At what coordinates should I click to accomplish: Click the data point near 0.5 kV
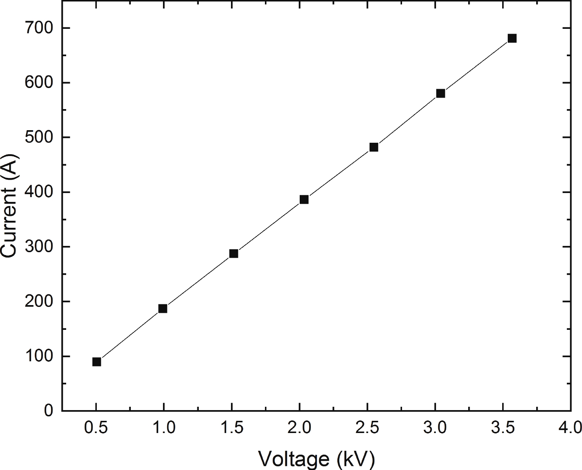[97, 362]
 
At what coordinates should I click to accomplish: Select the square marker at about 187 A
[163, 308]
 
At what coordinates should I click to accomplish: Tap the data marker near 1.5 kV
[234, 254]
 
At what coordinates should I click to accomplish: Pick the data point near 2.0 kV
[304, 200]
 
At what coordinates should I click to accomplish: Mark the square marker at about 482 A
[374, 147]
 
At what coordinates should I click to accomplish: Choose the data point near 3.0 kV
[440, 93]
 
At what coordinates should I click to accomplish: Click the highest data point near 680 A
[512, 38]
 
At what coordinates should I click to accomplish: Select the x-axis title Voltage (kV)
[316, 459]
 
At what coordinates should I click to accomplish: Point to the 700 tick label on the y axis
[38, 28]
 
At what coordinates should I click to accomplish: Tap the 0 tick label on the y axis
[48, 411]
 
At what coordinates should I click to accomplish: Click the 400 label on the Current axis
[38, 192]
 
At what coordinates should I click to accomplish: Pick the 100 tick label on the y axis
[38, 356]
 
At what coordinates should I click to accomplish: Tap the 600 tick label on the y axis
[38, 83]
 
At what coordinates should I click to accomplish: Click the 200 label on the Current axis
[38, 302]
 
